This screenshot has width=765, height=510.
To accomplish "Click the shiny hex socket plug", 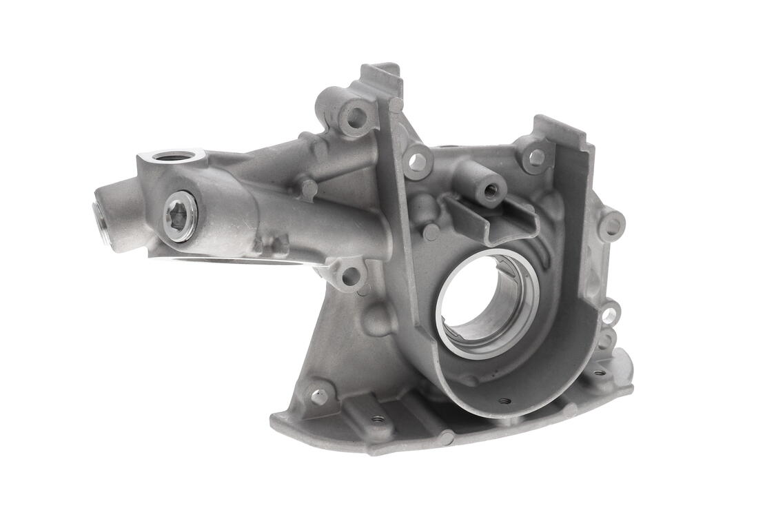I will (180, 216).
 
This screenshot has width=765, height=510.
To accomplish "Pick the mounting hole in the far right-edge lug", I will (611, 225).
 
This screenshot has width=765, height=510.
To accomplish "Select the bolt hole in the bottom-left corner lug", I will (318, 396).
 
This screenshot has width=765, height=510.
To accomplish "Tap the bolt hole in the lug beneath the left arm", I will (351, 276).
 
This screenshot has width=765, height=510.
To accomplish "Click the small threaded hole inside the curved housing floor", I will (504, 400).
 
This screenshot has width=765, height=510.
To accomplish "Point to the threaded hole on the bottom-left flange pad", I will (377, 418).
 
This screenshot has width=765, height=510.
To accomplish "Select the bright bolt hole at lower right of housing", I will (609, 316).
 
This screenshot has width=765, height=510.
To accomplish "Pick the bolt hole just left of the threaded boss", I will (417, 162).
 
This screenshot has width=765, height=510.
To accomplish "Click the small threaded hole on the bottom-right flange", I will (598, 372).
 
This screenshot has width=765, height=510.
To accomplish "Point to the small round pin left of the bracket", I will (431, 233).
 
